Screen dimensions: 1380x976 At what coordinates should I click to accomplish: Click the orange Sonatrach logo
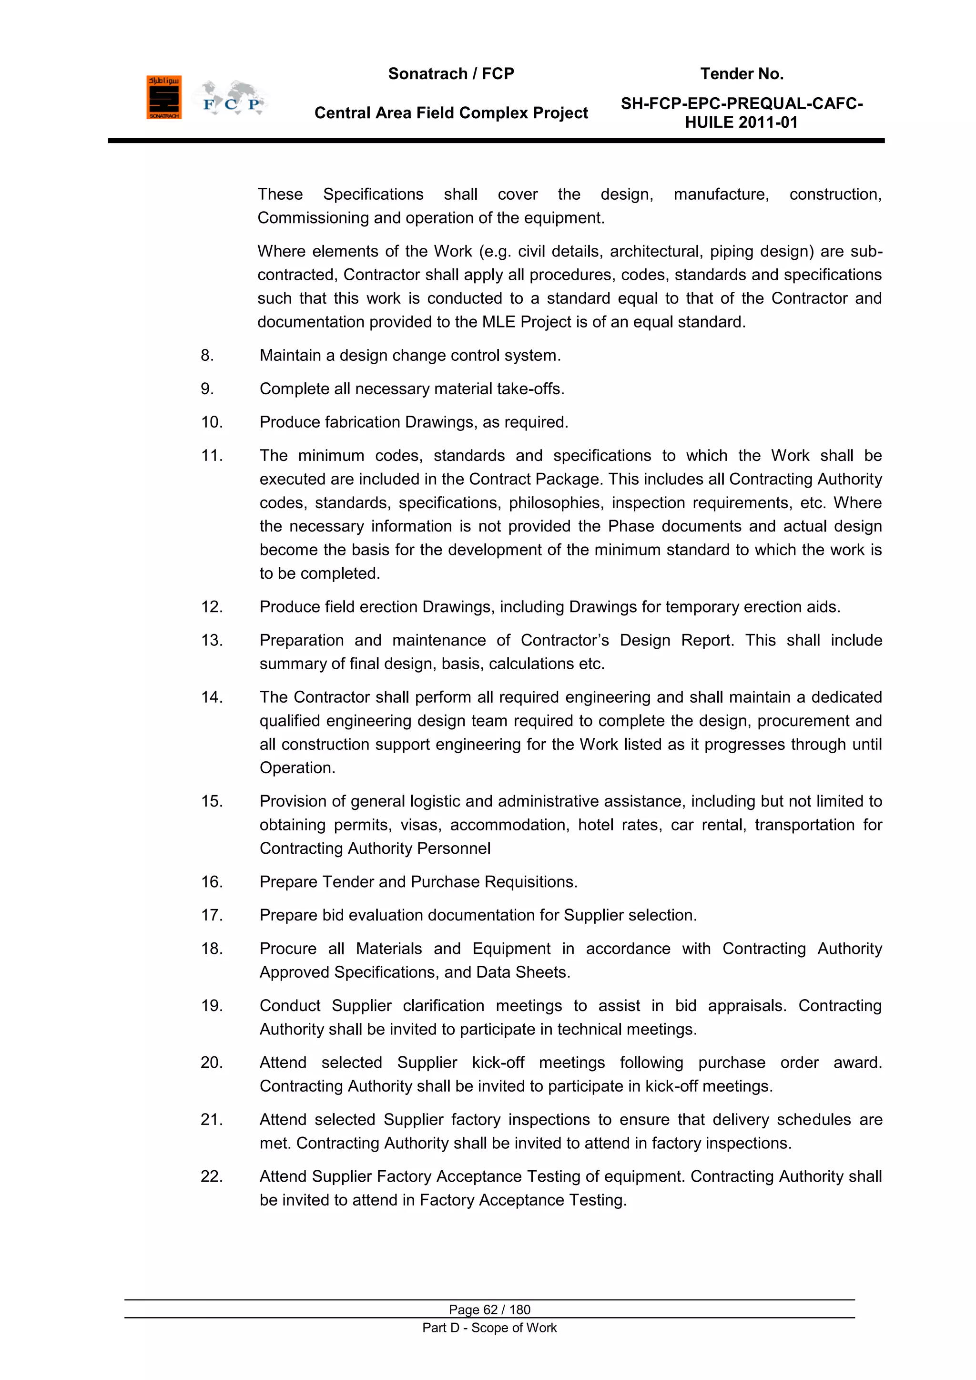click(x=163, y=97)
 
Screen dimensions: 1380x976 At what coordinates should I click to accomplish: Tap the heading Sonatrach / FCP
click(x=451, y=74)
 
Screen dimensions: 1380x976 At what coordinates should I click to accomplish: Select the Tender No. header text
click(x=742, y=74)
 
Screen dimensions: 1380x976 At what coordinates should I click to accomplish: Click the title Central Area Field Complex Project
click(x=451, y=113)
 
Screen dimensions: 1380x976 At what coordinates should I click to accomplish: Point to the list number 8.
click(x=207, y=356)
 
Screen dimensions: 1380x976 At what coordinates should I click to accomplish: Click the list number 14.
click(x=212, y=697)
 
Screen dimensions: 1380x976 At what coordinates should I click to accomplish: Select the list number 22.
click(x=212, y=1176)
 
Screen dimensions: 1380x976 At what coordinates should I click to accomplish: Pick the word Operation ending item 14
click(x=297, y=768)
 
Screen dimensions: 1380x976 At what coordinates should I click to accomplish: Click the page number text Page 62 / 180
click(x=489, y=1309)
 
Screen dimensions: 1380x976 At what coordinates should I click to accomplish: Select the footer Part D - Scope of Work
click(x=489, y=1328)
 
